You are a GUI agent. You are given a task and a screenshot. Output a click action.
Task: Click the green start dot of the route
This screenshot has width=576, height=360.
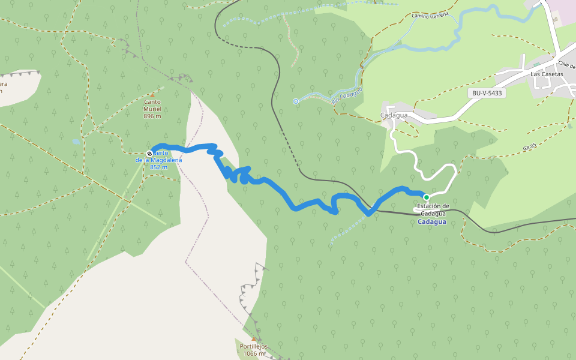click(427, 197)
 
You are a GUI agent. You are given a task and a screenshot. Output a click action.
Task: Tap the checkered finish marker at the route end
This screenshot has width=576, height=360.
click(149, 154)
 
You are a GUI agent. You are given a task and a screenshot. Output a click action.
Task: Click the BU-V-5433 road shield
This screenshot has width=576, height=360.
click(487, 93)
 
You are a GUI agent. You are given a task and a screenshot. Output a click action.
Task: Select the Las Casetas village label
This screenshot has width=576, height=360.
click(547, 74)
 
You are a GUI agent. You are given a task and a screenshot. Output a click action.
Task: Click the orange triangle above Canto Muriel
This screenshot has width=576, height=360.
click(152, 95)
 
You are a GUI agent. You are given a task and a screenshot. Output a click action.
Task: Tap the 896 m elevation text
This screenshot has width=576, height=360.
click(152, 116)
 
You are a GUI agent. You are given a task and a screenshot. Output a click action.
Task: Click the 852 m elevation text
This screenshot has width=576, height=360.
click(158, 167)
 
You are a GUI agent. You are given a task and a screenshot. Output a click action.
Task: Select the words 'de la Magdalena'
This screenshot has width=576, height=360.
click(159, 160)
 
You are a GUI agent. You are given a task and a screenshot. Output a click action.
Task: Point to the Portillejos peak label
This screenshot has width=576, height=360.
click(253, 347)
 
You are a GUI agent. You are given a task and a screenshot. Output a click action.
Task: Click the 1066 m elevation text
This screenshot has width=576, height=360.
click(253, 354)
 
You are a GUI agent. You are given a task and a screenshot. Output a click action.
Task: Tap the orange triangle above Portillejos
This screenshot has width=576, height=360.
click(253, 339)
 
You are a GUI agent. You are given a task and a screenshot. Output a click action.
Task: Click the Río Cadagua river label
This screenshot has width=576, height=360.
click(347, 94)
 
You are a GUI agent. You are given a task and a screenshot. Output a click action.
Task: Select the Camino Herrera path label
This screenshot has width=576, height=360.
click(430, 15)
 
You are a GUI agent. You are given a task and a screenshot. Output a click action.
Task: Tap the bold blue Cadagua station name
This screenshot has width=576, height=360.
click(432, 222)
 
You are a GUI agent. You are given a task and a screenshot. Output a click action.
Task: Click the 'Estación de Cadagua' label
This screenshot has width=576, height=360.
click(433, 210)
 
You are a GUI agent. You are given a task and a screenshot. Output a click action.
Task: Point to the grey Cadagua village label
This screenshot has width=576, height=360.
click(394, 115)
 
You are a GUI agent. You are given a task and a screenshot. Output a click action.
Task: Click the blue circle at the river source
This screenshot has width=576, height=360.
click(296, 101)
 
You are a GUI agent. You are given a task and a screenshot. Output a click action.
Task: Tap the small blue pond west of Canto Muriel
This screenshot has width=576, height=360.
click(76, 142)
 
